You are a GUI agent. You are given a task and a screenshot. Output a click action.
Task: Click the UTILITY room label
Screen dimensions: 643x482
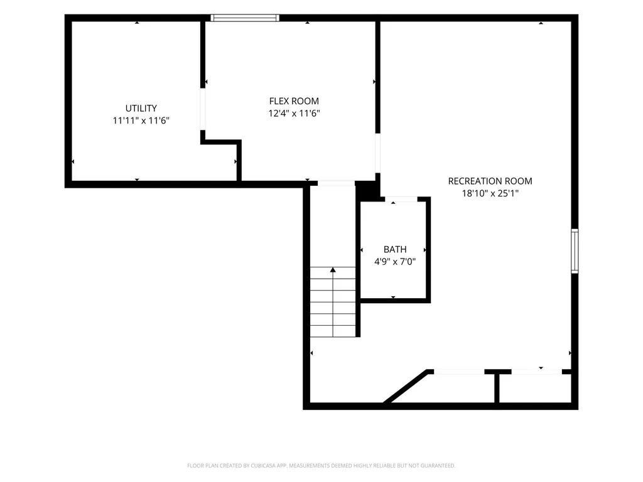(x=141, y=108)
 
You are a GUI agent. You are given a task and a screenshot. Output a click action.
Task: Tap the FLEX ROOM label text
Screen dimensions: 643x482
(x=294, y=101)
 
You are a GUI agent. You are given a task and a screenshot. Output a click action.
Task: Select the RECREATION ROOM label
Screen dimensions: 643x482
(x=490, y=181)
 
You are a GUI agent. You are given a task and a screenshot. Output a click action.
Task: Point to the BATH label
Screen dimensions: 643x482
(x=395, y=249)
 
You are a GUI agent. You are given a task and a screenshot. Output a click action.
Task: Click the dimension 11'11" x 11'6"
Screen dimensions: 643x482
(x=141, y=120)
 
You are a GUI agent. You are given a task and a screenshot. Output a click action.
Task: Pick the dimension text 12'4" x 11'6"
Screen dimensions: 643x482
(x=294, y=114)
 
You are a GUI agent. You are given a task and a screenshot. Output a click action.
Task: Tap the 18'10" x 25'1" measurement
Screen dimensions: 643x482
(x=490, y=193)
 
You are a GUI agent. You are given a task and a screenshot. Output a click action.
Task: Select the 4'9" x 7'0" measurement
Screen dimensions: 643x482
(x=395, y=262)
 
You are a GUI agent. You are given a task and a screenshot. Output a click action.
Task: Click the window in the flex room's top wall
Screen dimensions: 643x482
(x=245, y=18)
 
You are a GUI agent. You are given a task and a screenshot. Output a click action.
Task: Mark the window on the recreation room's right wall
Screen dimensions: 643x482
(x=575, y=251)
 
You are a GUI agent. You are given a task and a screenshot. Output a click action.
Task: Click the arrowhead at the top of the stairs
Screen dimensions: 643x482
(x=333, y=270)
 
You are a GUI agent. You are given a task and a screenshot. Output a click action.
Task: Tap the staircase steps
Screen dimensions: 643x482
(x=333, y=302)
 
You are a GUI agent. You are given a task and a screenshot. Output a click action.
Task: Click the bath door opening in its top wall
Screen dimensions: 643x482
(x=401, y=199)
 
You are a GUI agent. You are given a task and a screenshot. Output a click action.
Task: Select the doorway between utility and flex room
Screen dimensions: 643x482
(x=203, y=109)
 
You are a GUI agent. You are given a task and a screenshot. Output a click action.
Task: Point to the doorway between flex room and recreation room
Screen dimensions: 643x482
(x=377, y=153)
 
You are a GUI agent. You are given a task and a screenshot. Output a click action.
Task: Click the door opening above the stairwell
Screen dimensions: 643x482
(x=337, y=183)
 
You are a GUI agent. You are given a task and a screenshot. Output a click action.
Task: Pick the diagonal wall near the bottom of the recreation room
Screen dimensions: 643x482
(x=407, y=387)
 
